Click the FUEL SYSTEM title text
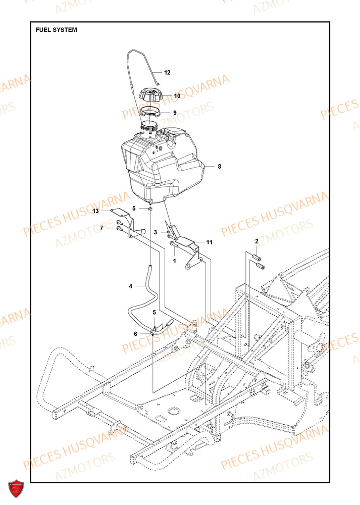pyautogui.click(x=57, y=30)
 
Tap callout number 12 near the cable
pyautogui.click(x=167, y=73)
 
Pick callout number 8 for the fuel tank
pyautogui.click(x=219, y=166)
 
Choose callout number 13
pyautogui.click(x=96, y=212)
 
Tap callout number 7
pyautogui.click(x=101, y=228)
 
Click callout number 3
pyautogui.click(x=156, y=232)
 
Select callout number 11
pyautogui.click(x=209, y=242)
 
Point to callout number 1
pyautogui.click(x=174, y=261)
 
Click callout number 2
pyautogui.click(x=256, y=242)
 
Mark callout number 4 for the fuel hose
pyautogui.click(x=131, y=286)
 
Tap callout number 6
pyautogui.click(x=135, y=334)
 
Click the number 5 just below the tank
pyautogui.click(x=134, y=208)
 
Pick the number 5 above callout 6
pyautogui.click(x=154, y=313)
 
